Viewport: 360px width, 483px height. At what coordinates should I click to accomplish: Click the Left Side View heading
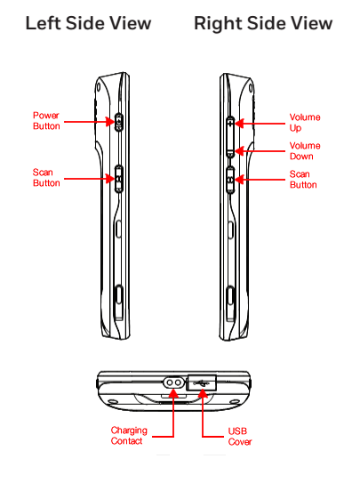pyautogui.click(x=88, y=23)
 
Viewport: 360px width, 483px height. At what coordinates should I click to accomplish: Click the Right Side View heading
pyautogui.click(x=263, y=24)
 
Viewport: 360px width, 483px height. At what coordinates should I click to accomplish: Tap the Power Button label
pyautogui.click(x=46, y=121)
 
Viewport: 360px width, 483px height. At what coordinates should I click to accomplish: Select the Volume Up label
pyautogui.click(x=305, y=122)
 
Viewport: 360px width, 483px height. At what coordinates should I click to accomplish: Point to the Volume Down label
pyautogui.click(x=305, y=151)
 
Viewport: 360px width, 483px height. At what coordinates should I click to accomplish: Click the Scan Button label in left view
pyautogui.click(x=46, y=178)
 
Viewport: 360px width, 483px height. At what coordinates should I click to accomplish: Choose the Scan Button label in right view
pyautogui.click(x=303, y=180)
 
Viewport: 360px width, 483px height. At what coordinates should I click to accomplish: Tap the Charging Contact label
pyautogui.click(x=129, y=436)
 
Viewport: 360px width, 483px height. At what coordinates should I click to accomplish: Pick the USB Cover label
pyautogui.click(x=240, y=437)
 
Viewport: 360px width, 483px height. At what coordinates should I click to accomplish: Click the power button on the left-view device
pyautogui.click(x=119, y=123)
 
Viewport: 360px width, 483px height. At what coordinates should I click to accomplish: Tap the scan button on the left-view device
pyautogui.click(x=119, y=180)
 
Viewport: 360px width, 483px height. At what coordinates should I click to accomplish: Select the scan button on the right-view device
pyautogui.click(x=230, y=181)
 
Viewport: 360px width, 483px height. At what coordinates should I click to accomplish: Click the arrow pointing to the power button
pyautogui.click(x=89, y=122)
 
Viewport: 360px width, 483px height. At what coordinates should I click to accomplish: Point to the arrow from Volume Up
pyautogui.click(x=260, y=124)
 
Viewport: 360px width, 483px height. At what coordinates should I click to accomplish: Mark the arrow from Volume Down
pyautogui.click(x=260, y=151)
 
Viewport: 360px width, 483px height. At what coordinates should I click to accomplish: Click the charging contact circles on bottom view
pyautogui.click(x=173, y=382)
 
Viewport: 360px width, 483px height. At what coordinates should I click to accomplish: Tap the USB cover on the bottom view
pyautogui.click(x=202, y=382)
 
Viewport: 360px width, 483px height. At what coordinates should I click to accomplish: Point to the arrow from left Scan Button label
pyautogui.click(x=89, y=179)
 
